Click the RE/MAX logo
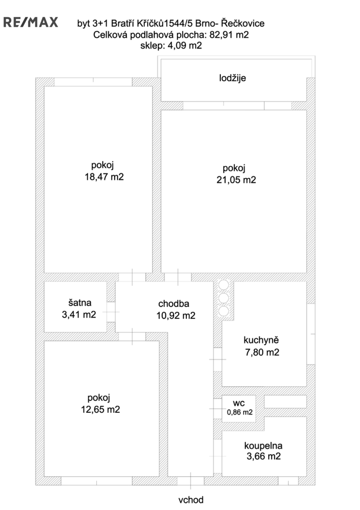pyautogui.click(x=31, y=22)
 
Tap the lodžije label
pyautogui.click(x=232, y=78)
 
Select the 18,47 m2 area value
pyautogui.click(x=104, y=177)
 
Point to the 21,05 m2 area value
pyautogui.click(x=236, y=180)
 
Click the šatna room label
pyautogui.click(x=80, y=303)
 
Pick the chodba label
pyautogui.click(x=174, y=304)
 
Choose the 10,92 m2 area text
pyautogui.click(x=176, y=315)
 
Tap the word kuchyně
pyautogui.click(x=261, y=340)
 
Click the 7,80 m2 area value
pyautogui.click(x=262, y=352)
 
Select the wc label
pyautogui.click(x=239, y=403)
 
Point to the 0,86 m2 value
pyautogui.click(x=240, y=412)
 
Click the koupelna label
pyautogui.click(x=263, y=446)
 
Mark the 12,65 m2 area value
pyautogui.click(x=100, y=409)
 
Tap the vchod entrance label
pyautogui.click(x=191, y=500)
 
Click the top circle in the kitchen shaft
pyautogui.click(x=224, y=285)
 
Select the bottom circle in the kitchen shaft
pyautogui.click(x=224, y=311)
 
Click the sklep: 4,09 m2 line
pyautogui.click(x=171, y=45)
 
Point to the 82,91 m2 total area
pyautogui.click(x=229, y=34)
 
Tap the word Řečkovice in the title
pyautogui.click(x=243, y=23)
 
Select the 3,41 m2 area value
pyautogui.click(x=79, y=314)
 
